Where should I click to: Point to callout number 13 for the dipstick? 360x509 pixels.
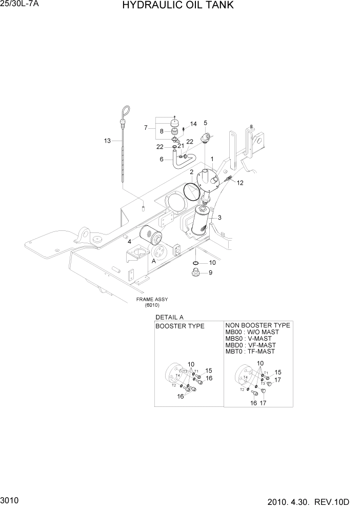[x=107, y=141]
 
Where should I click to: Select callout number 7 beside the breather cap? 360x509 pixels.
[x=146, y=127]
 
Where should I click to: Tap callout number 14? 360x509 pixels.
[x=193, y=124]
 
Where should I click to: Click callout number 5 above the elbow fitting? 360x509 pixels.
[x=206, y=123]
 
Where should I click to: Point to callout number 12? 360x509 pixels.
[x=240, y=183]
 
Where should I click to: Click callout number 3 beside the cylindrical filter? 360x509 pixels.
[x=219, y=218]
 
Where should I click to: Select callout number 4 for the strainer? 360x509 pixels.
[x=130, y=241]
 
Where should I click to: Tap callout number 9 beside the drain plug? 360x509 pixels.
[x=210, y=272]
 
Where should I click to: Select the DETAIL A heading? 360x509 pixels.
[x=169, y=318]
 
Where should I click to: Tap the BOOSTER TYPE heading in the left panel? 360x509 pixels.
[x=180, y=326]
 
